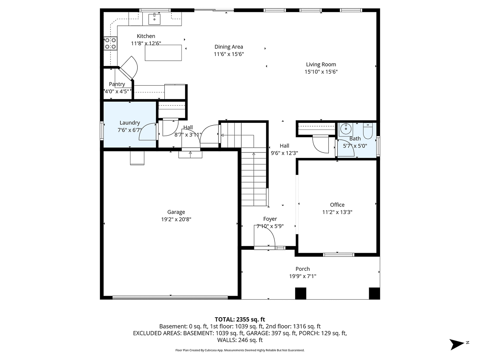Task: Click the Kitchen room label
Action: click(x=146, y=36)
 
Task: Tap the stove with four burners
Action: click(x=110, y=43)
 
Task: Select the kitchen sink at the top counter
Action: click(x=154, y=18)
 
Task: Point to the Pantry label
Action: click(x=117, y=84)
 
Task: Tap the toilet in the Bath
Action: click(x=368, y=130)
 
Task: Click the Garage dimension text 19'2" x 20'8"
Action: click(x=176, y=219)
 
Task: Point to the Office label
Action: click(x=337, y=205)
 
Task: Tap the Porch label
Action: click(x=302, y=269)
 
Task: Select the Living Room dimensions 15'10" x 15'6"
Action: click(x=321, y=72)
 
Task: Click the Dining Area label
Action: click(x=228, y=47)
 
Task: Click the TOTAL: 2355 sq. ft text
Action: click(x=240, y=319)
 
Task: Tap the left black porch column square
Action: click(x=300, y=293)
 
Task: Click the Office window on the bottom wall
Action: click(x=338, y=254)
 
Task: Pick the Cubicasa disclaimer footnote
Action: click(x=240, y=350)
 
